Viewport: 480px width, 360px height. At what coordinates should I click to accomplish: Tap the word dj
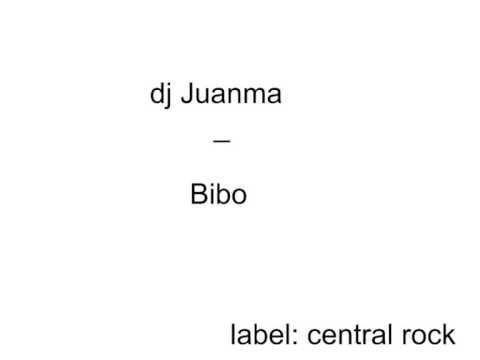click(x=160, y=96)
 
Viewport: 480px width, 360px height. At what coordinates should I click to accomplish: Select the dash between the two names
click(x=222, y=143)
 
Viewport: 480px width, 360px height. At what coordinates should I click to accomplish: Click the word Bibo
click(x=218, y=195)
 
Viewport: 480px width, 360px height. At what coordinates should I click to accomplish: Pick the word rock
click(x=428, y=334)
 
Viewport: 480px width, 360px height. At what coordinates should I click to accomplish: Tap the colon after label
click(x=297, y=337)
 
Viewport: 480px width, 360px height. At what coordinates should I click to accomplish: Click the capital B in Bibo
click(x=198, y=195)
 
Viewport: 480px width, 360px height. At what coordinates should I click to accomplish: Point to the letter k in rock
click(x=449, y=334)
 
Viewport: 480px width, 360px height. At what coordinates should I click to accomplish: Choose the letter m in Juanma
click(x=252, y=98)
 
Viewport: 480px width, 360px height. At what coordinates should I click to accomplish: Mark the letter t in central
click(x=351, y=334)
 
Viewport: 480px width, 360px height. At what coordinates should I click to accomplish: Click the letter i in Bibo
click(x=211, y=195)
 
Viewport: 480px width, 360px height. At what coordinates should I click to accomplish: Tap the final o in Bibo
click(x=238, y=197)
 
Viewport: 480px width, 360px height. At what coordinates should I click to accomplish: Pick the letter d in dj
click(x=157, y=96)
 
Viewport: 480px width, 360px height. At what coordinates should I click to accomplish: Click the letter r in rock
click(x=405, y=337)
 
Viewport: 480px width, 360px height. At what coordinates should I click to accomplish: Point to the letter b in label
click(x=265, y=334)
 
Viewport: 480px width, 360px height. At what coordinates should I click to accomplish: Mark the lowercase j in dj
click(x=169, y=98)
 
